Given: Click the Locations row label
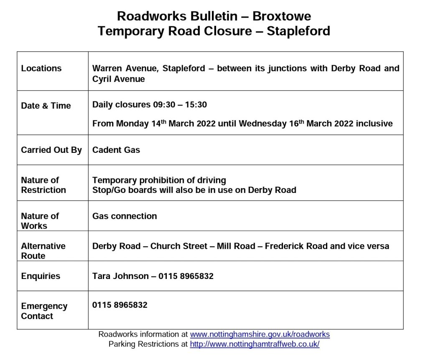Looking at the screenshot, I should point(41,68).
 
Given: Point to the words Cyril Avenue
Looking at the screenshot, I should point(118,79).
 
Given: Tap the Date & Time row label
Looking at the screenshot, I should point(46,106).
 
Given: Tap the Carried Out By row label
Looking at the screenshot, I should point(51,150).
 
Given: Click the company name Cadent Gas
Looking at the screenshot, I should point(116,150).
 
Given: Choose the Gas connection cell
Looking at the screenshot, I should point(125,216).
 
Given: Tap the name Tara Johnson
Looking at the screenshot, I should point(120,276).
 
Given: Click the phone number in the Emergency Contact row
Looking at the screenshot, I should point(120,305).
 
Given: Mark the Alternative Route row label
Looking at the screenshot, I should point(43,251).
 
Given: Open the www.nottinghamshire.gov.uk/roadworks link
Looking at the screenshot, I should point(260,335).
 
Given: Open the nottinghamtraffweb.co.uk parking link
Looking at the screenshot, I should point(255,345).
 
